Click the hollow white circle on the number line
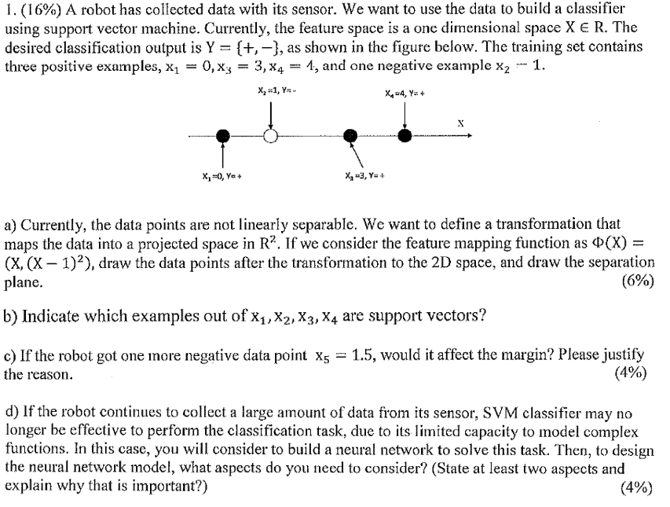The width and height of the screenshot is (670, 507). pos(271,136)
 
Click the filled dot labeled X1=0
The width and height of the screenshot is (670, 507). pos(224,136)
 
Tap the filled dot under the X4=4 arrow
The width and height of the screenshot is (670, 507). pos(405,136)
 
